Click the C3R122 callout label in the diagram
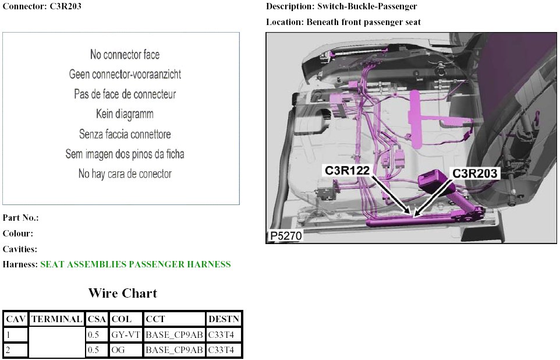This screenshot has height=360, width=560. tap(347, 171)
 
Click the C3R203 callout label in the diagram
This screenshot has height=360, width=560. tap(476, 173)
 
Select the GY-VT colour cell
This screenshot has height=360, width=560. tap(126, 335)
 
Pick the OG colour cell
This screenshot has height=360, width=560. tap(126, 350)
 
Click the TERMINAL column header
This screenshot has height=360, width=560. tap(56, 319)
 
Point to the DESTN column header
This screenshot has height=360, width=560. tap(223, 319)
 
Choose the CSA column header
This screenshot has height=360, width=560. tap(96, 319)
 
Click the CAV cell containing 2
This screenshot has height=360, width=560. tap(15, 350)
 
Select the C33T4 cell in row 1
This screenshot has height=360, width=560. tap(223, 335)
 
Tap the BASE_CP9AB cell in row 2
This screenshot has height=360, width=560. tap(174, 350)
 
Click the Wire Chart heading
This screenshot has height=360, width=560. tap(122, 292)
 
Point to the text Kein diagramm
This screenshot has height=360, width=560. tap(125, 114)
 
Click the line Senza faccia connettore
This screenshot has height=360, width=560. tap(125, 134)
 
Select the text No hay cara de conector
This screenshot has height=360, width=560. tap(125, 174)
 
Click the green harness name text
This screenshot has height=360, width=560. tap(135, 264)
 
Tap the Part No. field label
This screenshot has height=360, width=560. tap(20, 218)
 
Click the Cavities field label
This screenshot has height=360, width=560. tap(20, 249)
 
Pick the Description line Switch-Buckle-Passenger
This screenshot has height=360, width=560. tap(341, 6)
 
